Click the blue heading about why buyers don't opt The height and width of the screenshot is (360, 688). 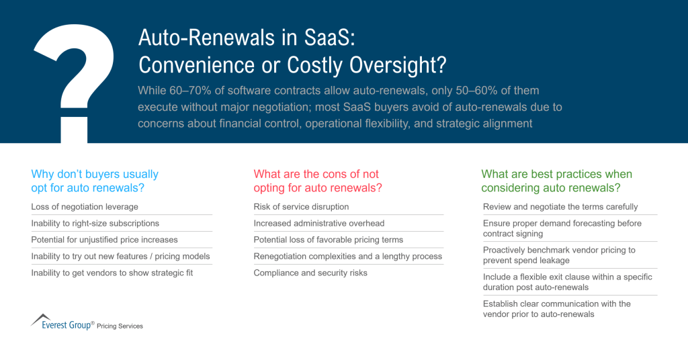pos(95,181)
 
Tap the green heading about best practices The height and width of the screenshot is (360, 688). pos(556,181)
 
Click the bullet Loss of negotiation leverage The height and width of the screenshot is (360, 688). pos(85,206)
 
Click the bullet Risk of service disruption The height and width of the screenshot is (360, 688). pos(301,206)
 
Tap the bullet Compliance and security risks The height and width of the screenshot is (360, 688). pos(311,273)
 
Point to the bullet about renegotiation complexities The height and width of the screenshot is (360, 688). pos(347,256)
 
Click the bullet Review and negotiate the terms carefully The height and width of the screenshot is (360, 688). pos(560,206)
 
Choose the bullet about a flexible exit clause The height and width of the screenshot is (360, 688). pos(567,282)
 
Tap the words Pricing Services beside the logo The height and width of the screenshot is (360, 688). pos(120,326)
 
